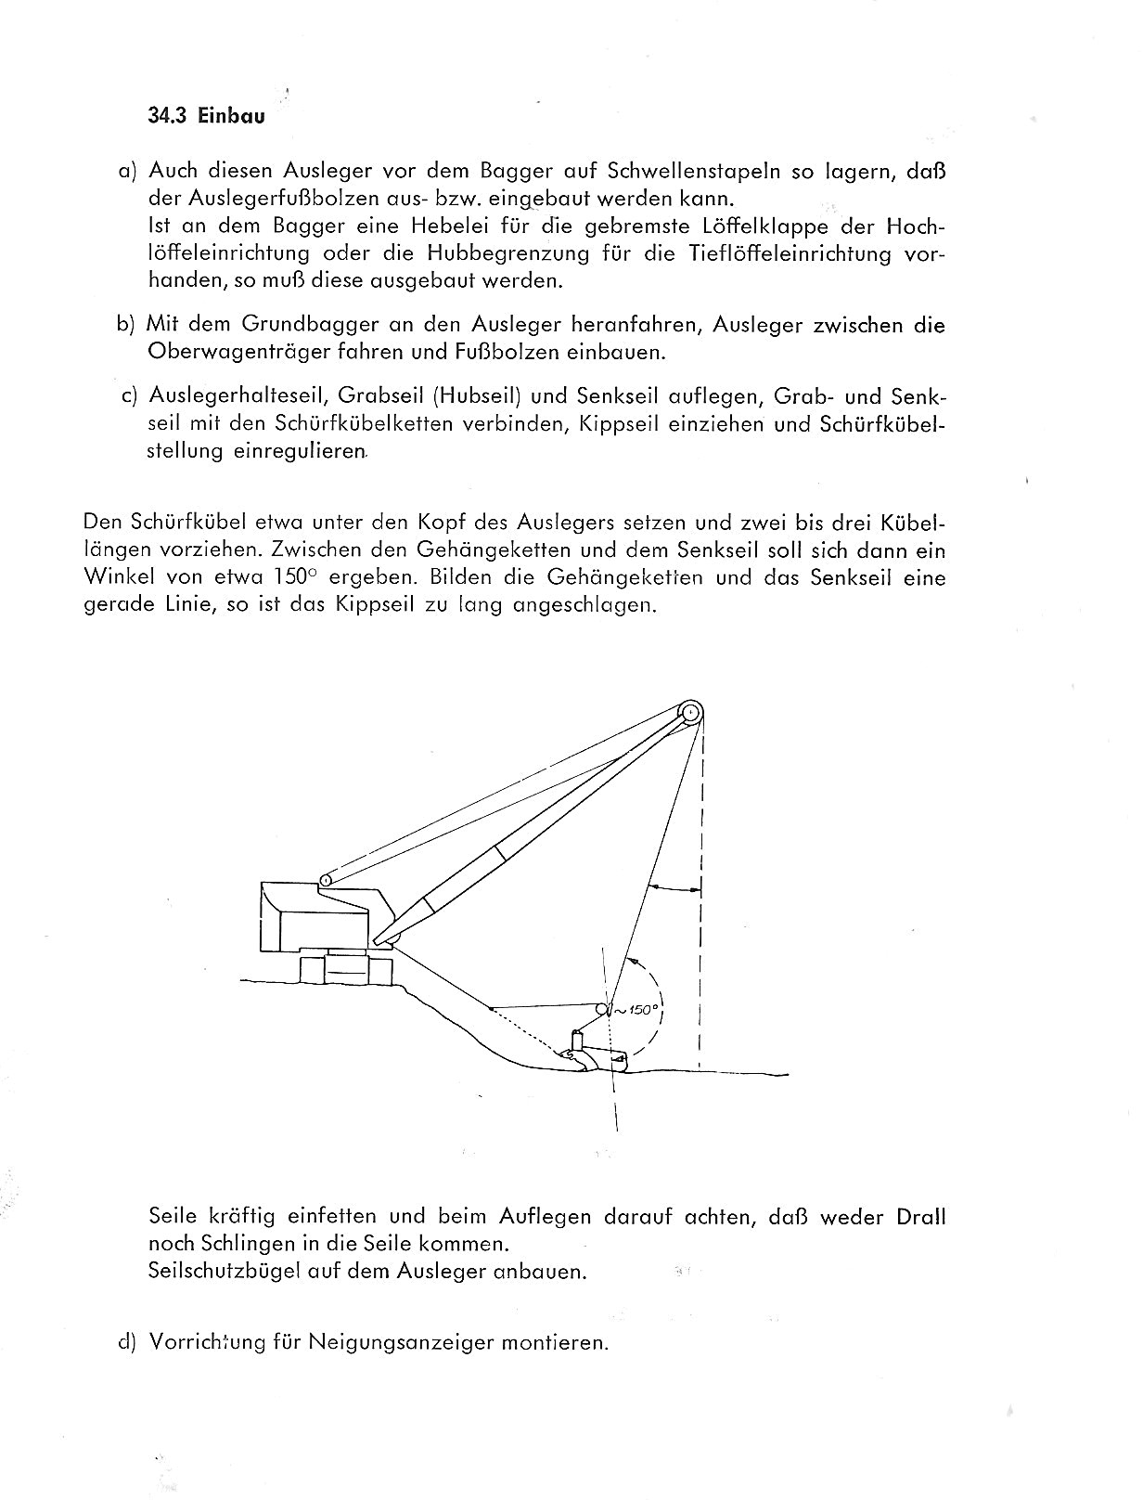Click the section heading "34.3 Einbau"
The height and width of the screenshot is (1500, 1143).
point(206,117)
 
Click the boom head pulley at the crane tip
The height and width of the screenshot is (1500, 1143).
point(689,714)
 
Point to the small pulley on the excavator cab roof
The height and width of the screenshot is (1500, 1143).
point(326,879)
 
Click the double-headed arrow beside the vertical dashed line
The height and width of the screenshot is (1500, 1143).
point(675,888)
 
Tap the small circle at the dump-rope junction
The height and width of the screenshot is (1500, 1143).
point(602,1009)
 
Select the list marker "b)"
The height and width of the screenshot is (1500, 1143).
point(127,324)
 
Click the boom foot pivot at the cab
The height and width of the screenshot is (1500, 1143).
point(391,941)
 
